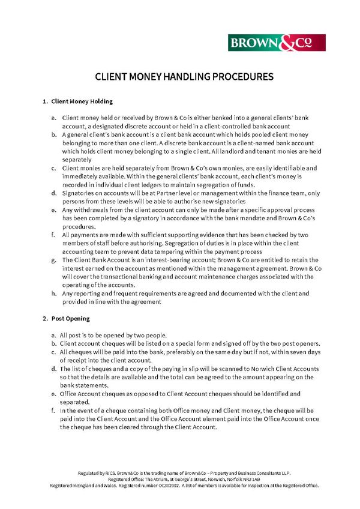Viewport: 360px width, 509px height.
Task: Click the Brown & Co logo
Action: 277,43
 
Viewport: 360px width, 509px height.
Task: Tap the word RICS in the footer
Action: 114,473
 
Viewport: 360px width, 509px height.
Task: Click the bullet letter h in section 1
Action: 54,294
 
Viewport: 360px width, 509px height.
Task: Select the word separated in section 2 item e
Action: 74,402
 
